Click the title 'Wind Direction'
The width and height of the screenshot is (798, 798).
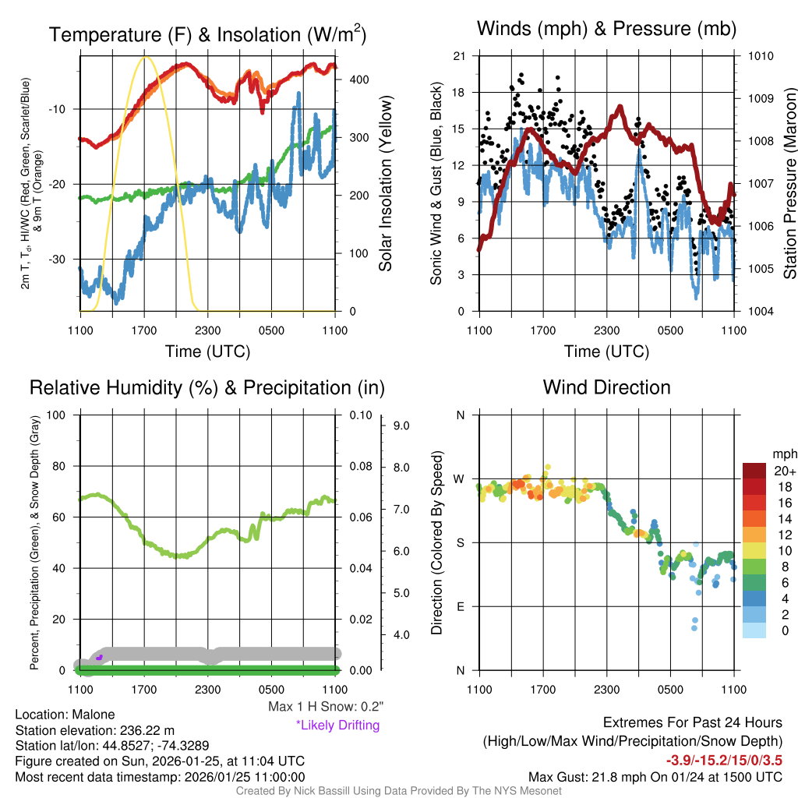tap(606, 387)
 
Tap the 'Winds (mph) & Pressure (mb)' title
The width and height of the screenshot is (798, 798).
tap(606, 29)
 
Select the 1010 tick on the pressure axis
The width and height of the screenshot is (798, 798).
tap(760, 56)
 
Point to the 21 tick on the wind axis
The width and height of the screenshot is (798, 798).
tap(459, 56)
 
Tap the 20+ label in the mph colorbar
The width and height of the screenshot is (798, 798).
tap(785, 471)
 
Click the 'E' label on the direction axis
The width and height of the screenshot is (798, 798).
tap(461, 606)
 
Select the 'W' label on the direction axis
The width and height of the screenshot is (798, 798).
tap(460, 478)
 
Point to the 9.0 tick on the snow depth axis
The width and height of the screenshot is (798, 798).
tap(400, 425)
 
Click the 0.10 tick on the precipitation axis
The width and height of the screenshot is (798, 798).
tap(360, 415)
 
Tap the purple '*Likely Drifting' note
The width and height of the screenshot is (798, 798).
tap(337, 725)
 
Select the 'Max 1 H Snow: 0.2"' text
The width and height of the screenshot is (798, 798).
tap(325, 707)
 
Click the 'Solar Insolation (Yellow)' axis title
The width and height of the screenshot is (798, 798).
tap(386, 183)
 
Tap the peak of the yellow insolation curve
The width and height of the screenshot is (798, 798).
tap(145, 57)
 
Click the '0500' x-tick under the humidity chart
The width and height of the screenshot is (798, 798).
tap(271, 690)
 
